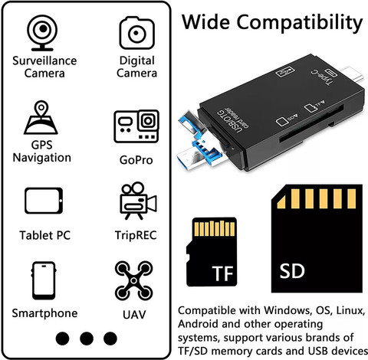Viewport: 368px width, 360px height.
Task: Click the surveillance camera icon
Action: tap(42, 33)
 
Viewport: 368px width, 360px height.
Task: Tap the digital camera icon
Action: tap(136, 33)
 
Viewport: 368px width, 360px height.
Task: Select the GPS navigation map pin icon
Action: tap(41, 117)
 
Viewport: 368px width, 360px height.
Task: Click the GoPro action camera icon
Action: tap(136, 126)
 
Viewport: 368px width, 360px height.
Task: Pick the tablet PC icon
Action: tap(44, 201)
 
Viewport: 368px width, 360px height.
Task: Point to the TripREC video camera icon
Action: tap(138, 201)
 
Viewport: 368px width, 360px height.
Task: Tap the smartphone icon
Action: tap(44, 280)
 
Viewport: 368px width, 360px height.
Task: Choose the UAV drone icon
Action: tap(133, 280)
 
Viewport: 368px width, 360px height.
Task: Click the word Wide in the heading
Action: tap(205, 22)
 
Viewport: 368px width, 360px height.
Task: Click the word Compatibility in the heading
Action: tap(300, 24)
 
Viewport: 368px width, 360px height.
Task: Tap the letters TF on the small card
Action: tap(222, 273)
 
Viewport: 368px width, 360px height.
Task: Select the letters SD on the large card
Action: tap(292, 271)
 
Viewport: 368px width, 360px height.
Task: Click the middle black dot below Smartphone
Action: tap(87, 339)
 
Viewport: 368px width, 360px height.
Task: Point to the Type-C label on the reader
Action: tap(323, 77)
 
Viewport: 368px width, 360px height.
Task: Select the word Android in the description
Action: tap(199, 324)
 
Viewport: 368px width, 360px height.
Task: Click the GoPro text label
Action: tap(136, 160)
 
